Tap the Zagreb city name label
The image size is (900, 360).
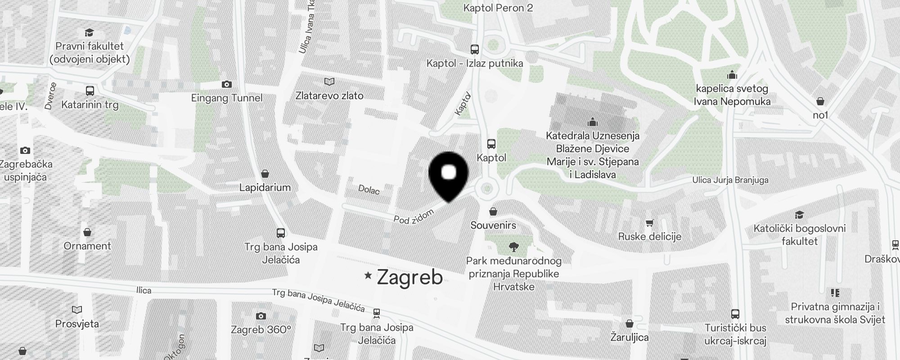pyautogui.click(x=409, y=277)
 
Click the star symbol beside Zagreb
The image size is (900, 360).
pyautogui.click(x=368, y=275)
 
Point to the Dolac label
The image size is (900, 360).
pyautogui.click(x=369, y=190)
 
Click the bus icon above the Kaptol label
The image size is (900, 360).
pyautogui.click(x=491, y=144)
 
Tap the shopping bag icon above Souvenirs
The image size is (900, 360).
pyautogui.click(x=493, y=211)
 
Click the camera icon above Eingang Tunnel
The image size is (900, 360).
pyautogui.click(x=227, y=84)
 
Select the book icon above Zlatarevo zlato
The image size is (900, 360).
pyautogui.click(x=329, y=81)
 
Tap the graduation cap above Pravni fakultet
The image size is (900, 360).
pyautogui.click(x=89, y=32)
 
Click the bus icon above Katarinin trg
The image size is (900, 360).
pyautogui.click(x=90, y=91)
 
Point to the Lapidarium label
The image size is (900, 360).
pyautogui.click(x=265, y=187)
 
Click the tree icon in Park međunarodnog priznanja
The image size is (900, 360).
pyautogui.click(x=513, y=247)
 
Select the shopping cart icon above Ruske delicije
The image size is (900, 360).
pyautogui.click(x=649, y=222)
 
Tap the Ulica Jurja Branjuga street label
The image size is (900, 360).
pyautogui.click(x=730, y=180)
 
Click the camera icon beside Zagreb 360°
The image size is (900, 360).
pyautogui.click(x=261, y=316)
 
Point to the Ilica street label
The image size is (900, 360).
pyautogui.click(x=144, y=290)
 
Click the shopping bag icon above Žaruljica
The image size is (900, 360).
pyautogui.click(x=629, y=324)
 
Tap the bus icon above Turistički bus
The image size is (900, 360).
pyautogui.click(x=735, y=314)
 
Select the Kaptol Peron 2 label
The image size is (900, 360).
pyautogui.click(x=498, y=8)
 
